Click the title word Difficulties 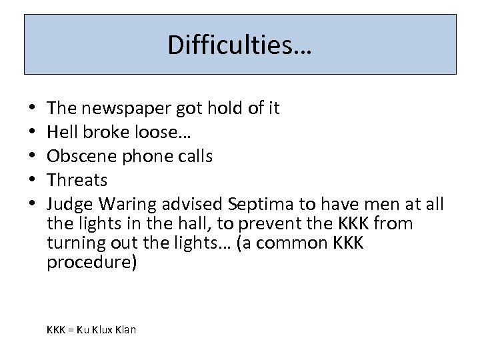[239, 45]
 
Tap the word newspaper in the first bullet [127, 107]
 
